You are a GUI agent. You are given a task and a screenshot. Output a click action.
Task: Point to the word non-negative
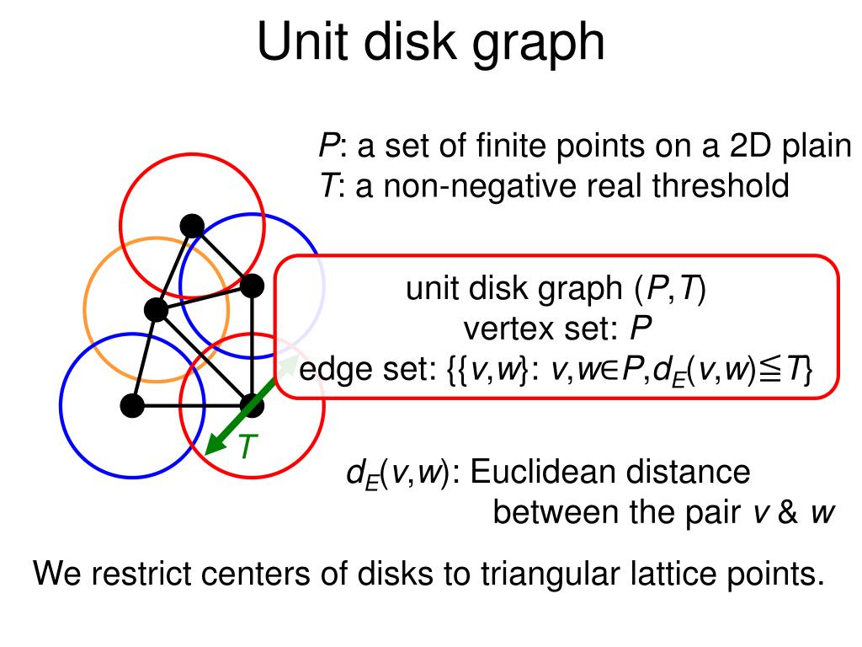click(457, 184)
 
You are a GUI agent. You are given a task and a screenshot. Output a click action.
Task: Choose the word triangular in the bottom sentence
click(547, 575)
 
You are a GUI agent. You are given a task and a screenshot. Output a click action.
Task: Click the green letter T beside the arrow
click(245, 447)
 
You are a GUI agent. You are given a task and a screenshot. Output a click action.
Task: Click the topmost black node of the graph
click(192, 225)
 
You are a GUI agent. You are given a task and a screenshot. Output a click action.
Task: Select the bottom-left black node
click(132, 405)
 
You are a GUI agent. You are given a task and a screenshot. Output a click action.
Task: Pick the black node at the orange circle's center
click(157, 309)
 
